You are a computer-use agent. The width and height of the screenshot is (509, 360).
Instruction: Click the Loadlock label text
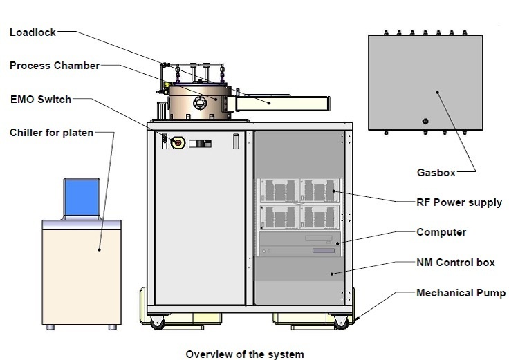click(x=33, y=32)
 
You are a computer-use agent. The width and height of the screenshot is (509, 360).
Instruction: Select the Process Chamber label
click(x=55, y=66)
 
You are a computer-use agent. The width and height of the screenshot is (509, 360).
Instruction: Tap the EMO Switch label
click(x=40, y=100)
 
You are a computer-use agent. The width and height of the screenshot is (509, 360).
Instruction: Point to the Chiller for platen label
click(x=51, y=132)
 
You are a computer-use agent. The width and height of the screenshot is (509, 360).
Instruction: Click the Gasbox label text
click(x=436, y=173)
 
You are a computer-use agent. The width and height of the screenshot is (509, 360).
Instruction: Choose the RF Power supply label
click(x=459, y=203)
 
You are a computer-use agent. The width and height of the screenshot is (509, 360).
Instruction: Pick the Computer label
click(x=441, y=232)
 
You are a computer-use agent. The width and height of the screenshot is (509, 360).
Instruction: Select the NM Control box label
click(x=456, y=263)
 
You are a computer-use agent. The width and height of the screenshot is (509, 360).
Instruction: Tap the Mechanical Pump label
click(x=461, y=293)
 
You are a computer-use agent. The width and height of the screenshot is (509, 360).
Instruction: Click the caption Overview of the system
click(x=244, y=354)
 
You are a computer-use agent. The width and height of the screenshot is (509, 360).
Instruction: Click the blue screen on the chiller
click(x=82, y=196)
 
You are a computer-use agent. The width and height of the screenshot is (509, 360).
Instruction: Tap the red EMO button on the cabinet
click(x=176, y=142)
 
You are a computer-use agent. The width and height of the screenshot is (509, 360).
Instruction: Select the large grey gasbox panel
click(x=424, y=82)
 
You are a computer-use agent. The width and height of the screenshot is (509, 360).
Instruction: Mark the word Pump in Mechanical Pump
click(x=491, y=293)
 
